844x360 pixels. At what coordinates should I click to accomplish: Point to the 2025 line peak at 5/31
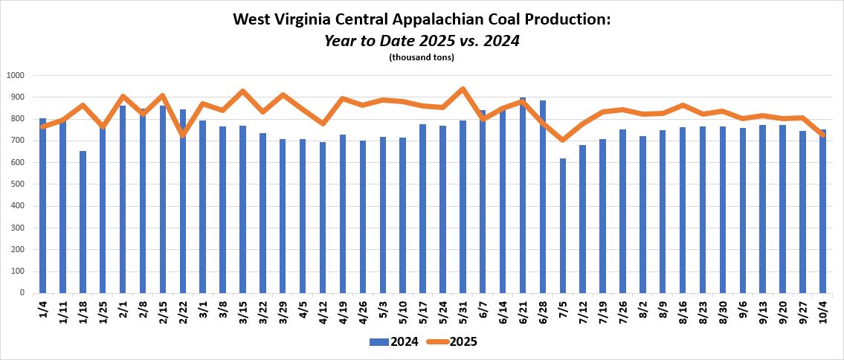[463, 89]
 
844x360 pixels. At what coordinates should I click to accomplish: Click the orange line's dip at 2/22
[183, 135]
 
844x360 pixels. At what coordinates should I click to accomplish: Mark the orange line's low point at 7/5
[563, 140]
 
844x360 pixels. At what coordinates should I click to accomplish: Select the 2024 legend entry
[393, 342]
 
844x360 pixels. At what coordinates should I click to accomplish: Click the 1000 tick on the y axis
[16, 75]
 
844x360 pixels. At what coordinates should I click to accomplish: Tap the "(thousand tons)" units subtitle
[422, 57]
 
